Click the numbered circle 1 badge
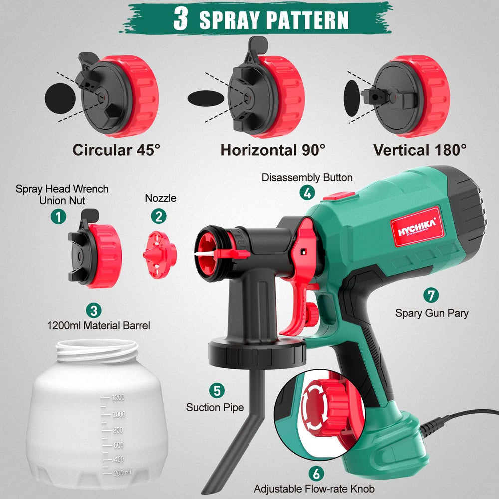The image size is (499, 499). (x=59, y=216)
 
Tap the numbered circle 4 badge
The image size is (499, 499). (x=307, y=192)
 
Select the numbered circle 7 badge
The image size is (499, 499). (x=431, y=295)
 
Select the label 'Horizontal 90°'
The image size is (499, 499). (x=273, y=150)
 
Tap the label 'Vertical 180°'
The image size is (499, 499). (x=420, y=149)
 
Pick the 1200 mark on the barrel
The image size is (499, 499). (x=118, y=398)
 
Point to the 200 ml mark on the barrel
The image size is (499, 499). (x=121, y=472)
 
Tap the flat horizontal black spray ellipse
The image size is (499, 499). (x=206, y=97)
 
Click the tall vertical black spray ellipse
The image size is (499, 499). (x=352, y=97)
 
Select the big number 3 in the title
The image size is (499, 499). (x=181, y=18)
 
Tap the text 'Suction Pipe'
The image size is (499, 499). (x=215, y=407)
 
